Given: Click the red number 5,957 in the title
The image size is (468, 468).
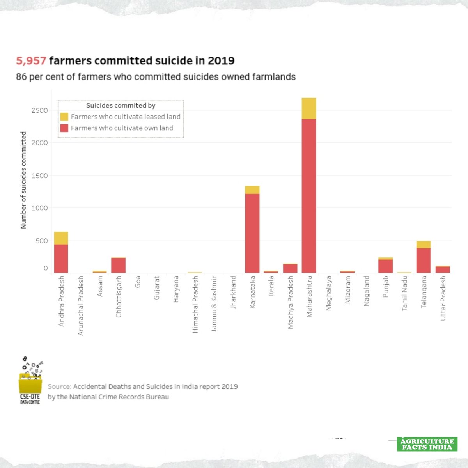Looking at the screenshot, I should pos(31,61).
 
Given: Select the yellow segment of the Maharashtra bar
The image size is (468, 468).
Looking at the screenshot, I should pos(309,108).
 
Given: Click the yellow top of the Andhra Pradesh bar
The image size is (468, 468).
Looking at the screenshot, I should pos(61,238).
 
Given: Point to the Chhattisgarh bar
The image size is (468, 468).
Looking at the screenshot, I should pos(118,265).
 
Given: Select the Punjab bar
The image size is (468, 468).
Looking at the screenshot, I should pos(385,266).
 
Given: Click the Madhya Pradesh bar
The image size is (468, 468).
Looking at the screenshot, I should pos(290,268).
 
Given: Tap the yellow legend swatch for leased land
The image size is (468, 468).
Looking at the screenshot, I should pos(64,117).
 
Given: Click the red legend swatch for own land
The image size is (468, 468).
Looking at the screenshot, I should pos(64,128).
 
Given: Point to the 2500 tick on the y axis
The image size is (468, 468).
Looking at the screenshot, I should pos(40,110).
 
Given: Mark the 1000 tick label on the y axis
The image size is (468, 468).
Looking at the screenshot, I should pos(40,208).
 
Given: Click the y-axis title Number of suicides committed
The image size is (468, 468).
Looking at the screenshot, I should pos(23,180).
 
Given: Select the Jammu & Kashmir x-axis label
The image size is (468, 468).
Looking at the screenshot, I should pos(214,304).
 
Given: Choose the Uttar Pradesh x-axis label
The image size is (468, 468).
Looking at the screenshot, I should pos(443,298).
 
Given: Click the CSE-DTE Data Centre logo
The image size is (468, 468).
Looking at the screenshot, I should pos(30,380).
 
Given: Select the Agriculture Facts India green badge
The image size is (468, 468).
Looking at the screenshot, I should pos(427,444).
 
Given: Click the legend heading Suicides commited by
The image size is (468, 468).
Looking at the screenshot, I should pos(121,105).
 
